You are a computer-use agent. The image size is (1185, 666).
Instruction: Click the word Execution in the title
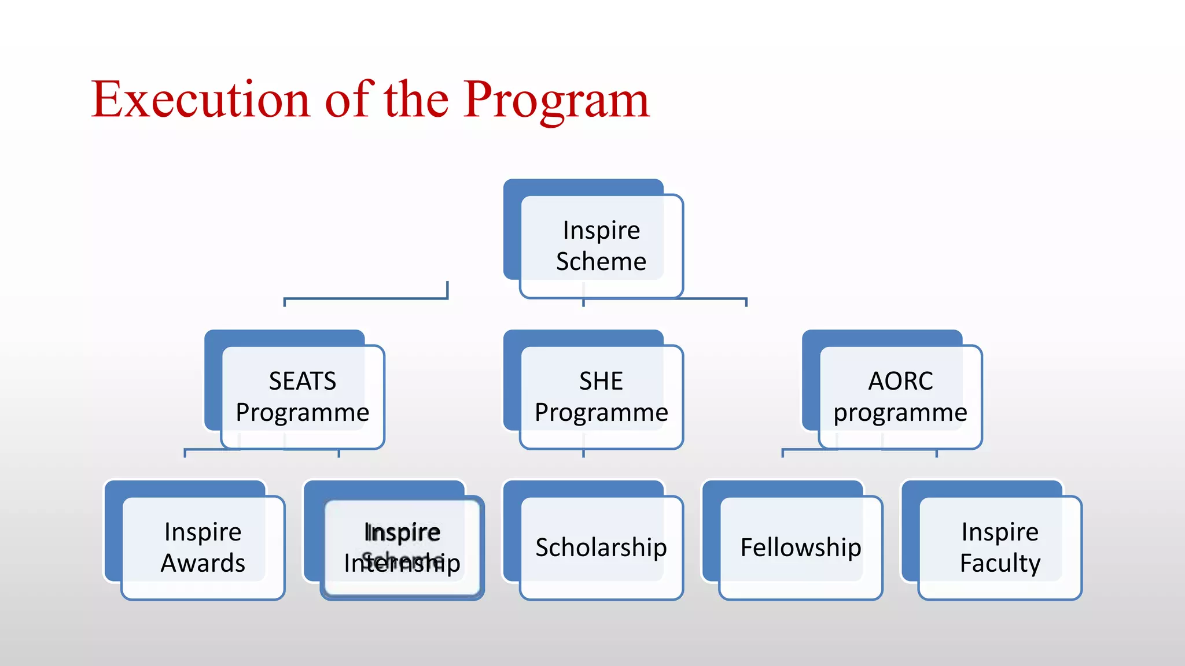point(200,99)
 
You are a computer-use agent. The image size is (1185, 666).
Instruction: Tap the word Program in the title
point(556,99)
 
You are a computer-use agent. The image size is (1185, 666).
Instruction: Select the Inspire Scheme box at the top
point(601,245)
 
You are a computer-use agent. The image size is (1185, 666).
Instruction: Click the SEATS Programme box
point(302,396)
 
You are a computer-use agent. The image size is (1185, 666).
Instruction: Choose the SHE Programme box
point(601,396)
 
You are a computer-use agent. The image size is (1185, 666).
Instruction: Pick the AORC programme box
point(900,396)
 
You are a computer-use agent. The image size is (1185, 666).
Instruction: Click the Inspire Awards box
point(203,547)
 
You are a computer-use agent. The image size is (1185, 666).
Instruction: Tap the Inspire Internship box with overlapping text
point(402,547)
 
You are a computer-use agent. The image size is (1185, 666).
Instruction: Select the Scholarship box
point(601,547)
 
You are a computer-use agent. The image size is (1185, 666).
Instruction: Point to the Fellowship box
point(800,547)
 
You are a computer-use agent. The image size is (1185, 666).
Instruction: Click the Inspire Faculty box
point(999,547)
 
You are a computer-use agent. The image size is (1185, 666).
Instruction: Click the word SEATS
point(302,381)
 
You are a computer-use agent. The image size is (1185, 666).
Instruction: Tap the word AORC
point(900,381)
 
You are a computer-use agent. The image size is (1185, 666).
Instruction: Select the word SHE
point(601,381)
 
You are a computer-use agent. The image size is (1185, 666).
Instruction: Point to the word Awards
point(203,563)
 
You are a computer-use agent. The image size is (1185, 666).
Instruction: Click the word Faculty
point(1000,563)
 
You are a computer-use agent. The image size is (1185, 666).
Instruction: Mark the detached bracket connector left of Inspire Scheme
point(366,298)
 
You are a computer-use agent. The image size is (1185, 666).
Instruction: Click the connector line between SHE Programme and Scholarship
point(583,453)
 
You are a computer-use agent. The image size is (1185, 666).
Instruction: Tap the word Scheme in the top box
point(601,261)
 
